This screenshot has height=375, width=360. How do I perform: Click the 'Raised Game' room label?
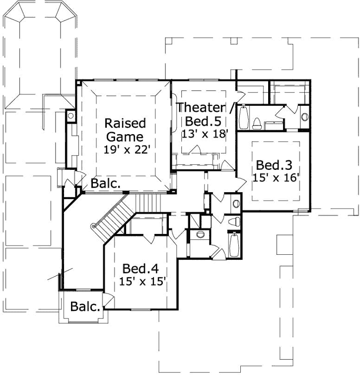click(125, 130)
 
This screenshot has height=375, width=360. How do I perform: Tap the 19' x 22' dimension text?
click(127, 150)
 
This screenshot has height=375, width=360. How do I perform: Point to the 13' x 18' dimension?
click(204, 133)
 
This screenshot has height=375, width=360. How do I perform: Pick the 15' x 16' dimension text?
click(276, 178)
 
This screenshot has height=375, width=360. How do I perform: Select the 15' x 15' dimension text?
click(143, 282)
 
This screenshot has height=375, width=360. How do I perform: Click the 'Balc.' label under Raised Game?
click(105, 183)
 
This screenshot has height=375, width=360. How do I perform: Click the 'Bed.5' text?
click(203, 121)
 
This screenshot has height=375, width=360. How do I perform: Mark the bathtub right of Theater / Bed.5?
click(243, 117)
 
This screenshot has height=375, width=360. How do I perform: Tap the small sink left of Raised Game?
click(71, 116)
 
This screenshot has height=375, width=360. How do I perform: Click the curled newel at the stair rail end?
click(92, 227)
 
